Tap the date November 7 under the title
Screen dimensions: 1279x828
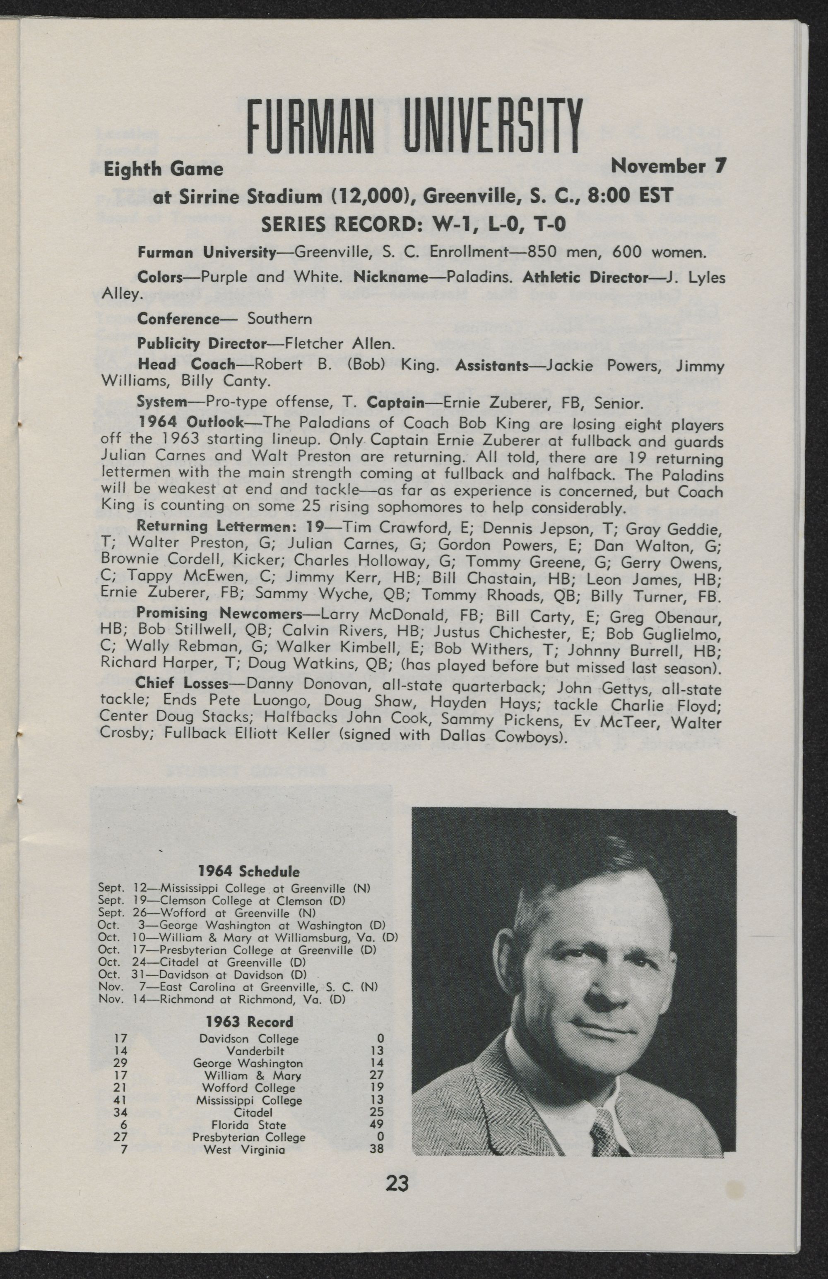(668, 166)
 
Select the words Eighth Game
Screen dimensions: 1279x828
(163, 169)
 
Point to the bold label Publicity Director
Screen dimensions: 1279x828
(202, 343)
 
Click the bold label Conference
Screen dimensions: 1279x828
(178, 319)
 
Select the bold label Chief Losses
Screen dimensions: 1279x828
(182, 683)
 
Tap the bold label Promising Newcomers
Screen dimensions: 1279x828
(219, 613)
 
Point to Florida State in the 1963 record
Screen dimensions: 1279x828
(248, 1125)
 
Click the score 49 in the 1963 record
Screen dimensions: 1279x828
(376, 1125)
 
